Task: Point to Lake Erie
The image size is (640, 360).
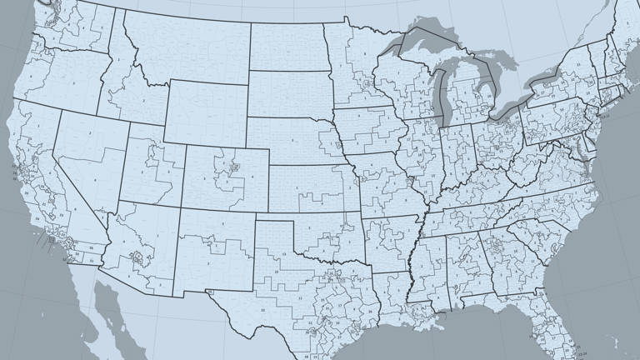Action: (508, 108)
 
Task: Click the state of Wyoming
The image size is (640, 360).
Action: (204, 112)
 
